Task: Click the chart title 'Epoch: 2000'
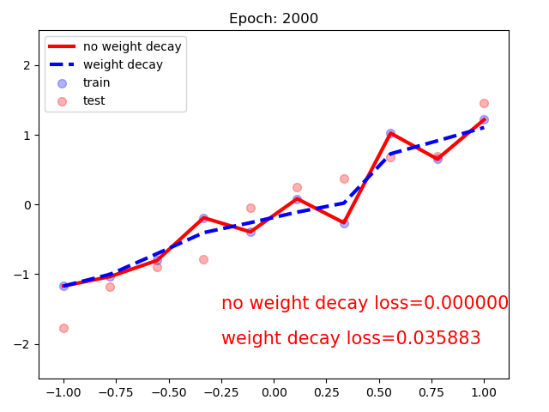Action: (274, 19)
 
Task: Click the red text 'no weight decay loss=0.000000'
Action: (365, 303)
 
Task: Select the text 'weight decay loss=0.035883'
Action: (351, 338)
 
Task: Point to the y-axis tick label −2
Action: (25, 344)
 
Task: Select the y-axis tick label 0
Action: (28, 205)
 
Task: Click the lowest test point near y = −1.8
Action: (63, 328)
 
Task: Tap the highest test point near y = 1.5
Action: (484, 103)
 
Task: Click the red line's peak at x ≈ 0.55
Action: (390, 133)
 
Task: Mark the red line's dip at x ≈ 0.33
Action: (344, 222)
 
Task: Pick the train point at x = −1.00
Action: (63, 286)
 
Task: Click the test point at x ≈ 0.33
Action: (344, 179)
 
